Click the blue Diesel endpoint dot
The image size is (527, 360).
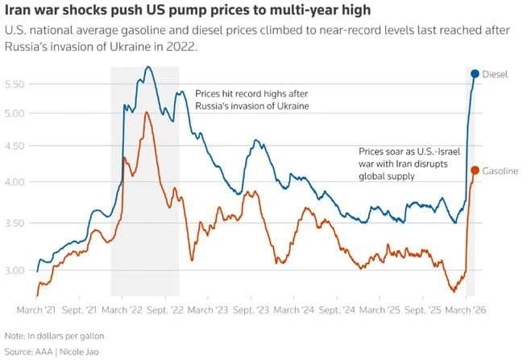pos(475,73)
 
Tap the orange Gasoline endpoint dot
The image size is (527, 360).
pos(475,170)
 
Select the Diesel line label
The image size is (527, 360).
pos(495,74)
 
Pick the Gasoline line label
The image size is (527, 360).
pos(500,171)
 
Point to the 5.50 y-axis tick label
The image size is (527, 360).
pos(15,84)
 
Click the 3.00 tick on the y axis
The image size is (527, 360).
pos(15,271)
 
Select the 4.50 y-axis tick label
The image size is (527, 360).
pos(15,146)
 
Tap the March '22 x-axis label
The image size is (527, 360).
pos(122,309)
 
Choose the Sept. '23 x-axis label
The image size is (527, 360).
pos(251,309)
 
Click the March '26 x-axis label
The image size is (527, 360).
pos(466,309)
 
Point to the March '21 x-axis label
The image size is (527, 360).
pos(36,309)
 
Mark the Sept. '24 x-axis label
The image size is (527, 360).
pos(337,309)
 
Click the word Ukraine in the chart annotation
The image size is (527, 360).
pos(293,106)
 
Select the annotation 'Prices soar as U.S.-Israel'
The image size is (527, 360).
pos(409,151)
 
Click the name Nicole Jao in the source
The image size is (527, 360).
pos(79,352)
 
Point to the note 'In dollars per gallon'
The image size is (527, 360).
pos(66,336)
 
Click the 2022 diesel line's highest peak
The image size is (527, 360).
pos(148,67)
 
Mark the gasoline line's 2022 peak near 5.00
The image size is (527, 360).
pos(147,113)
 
